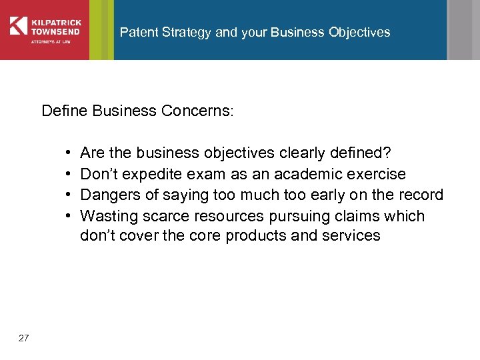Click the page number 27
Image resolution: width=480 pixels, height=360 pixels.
[24, 339]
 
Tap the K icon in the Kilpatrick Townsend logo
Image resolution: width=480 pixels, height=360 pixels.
[18, 25]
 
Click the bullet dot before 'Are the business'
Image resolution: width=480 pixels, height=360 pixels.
[70, 153]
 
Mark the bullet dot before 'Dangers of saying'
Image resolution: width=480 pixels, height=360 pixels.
[70, 195]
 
